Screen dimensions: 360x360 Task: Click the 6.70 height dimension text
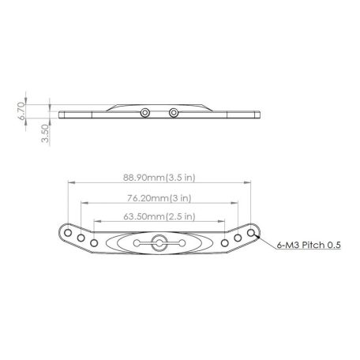pyautogui.click(x=24, y=109)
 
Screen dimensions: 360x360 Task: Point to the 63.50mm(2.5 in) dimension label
pyautogui.click(x=160, y=216)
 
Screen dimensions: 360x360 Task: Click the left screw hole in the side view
pyautogui.click(x=144, y=114)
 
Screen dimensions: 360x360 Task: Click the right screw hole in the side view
pyautogui.click(x=173, y=114)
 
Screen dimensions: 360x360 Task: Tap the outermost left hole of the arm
pyautogui.click(x=68, y=234)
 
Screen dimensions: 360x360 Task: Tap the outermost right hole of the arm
pyautogui.click(x=252, y=234)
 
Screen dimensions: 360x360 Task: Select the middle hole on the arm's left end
pyautogui.click(x=81, y=238)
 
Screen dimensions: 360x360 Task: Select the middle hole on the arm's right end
pyautogui.click(x=239, y=238)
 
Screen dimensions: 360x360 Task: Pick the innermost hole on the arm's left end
pyautogui.click(x=93, y=242)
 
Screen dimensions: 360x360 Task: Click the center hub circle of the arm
pyautogui.click(x=159, y=242)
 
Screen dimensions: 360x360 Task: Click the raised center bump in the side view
pyautogui.click(x=159, y=105)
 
